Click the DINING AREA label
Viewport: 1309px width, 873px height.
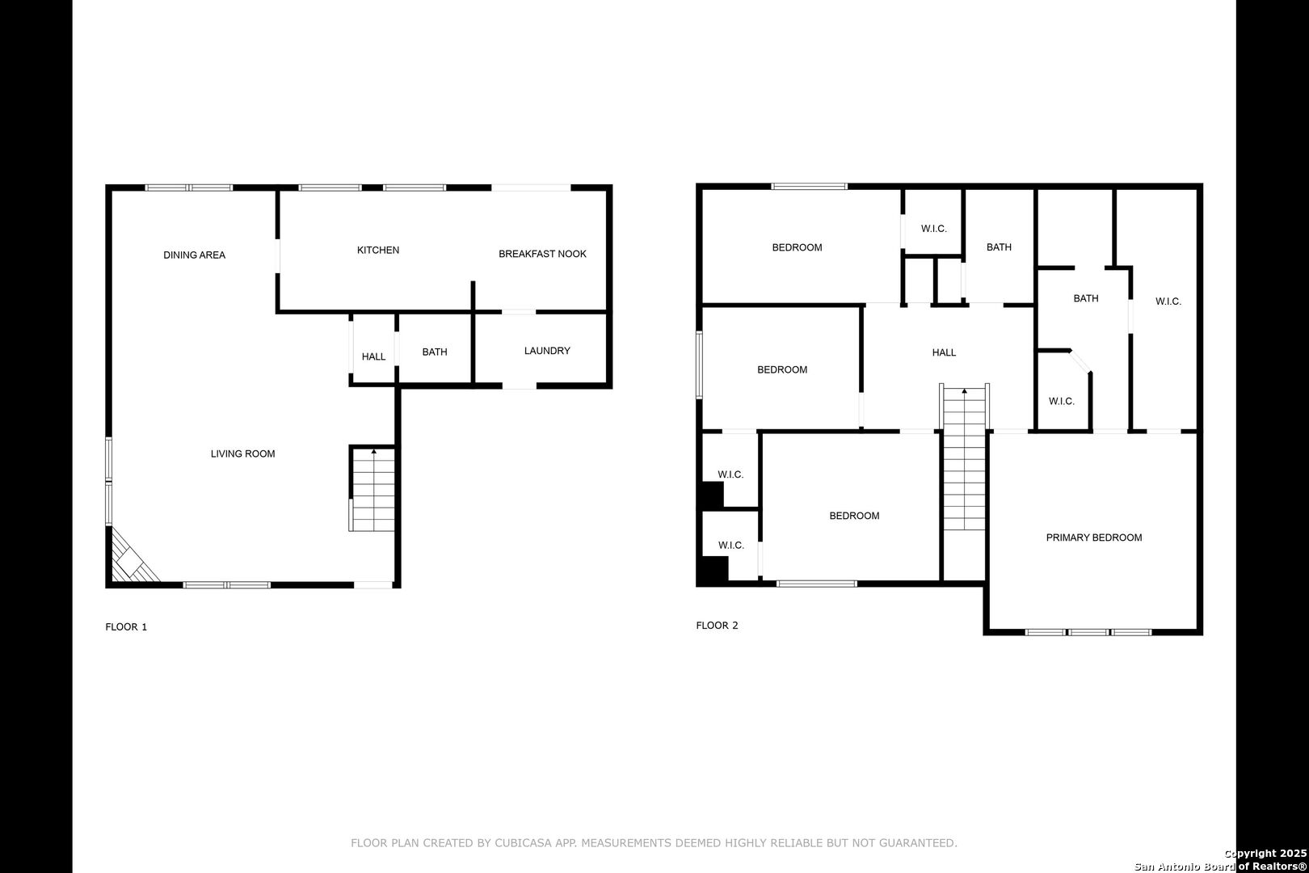(x=194, y=255)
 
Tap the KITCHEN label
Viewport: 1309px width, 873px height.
(x=378, y=251)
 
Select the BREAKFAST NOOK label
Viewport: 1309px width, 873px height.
(x=542, y=254)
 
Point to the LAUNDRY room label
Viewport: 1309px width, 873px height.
(x=547, y=351)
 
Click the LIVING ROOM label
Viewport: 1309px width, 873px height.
(x=242, y=453)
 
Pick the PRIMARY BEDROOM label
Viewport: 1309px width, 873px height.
(x=1094, y=538)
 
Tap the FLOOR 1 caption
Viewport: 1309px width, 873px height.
(x=126, y=626)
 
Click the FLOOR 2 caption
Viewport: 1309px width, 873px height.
(x=717, y=625)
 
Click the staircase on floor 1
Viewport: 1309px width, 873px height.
(x=372, y=489)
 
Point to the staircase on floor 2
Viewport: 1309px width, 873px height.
(x=964, y=458)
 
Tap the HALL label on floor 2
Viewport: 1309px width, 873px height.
(x=944, y=352)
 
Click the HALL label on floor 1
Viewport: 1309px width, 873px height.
(x=373, y=356)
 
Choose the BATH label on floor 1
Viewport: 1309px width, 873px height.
(x=435, y=352)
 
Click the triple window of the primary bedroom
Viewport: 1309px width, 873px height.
(x=1088, y=632)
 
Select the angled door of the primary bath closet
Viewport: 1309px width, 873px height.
(x=1080, y=361)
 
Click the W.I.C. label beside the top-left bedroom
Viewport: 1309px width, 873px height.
(x=934, y=229)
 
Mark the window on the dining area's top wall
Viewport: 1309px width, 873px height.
(x=189, y=188)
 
